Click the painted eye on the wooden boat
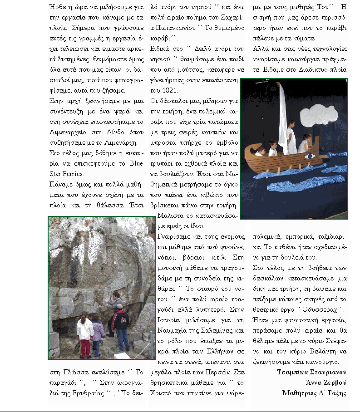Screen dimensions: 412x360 311,156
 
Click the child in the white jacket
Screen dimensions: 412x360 85,334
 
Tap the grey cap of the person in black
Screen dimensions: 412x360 119,307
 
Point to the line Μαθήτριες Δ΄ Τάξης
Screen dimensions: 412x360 315,393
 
